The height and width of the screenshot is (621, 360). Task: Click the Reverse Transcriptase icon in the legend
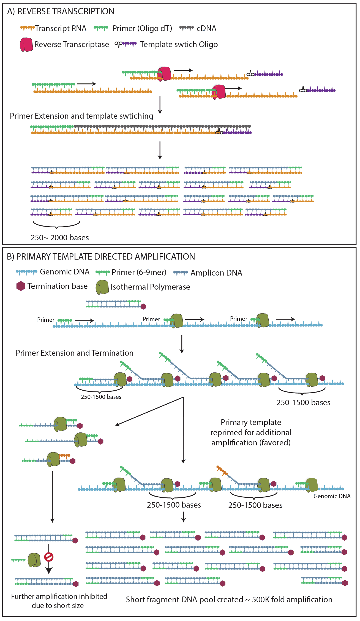pyautogui.click(x=26, y=45)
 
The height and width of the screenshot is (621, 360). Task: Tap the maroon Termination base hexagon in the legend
pyautogui.click(x=21, y=286)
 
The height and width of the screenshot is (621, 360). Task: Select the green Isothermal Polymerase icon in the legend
pyautogui.click(x=102, y=287)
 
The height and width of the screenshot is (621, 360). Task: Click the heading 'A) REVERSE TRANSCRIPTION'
pyautogui.click(x=61, y=11)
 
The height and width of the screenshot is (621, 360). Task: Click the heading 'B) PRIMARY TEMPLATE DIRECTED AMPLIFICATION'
pyautogui.click(x=101, y=257)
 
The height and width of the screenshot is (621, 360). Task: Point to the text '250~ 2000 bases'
pyautogui.click(x=60, y=238)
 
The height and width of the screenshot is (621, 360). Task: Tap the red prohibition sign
pyautogui.click(x=49, y=557)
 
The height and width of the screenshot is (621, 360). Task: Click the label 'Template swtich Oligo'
pyautogui.click(x=179, y=44)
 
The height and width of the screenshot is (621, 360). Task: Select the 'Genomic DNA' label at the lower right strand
pyautogui.click(x=332, y=496)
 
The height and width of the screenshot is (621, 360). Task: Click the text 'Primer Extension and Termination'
pyautogui.click(x=75, y=353)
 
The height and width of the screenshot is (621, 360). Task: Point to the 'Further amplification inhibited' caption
pyautogui.click(x=59, y=597)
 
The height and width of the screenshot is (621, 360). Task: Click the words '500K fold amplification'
pyautogui.click(x=292, y=600)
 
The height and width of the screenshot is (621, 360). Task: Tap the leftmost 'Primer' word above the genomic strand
pyautogui.click(x=46, y=320)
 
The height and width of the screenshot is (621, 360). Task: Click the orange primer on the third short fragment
pyautogui.click(x=65, y=456)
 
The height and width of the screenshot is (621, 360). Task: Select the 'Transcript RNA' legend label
pyautogui.click(x=61, y=28)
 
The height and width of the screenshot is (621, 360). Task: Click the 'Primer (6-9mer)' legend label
pyautogui.click(x=139, y=272)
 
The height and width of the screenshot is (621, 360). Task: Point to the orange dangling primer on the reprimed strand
pyautogui.click(x=222, y=470)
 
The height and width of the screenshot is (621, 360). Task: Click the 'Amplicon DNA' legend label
pyautogui.click(x=216, y=273)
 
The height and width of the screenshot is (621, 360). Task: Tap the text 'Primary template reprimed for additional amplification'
pyautogui.click(x=251, y=432)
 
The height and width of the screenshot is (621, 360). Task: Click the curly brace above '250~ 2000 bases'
pyautogui.click(x=56, y=225)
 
